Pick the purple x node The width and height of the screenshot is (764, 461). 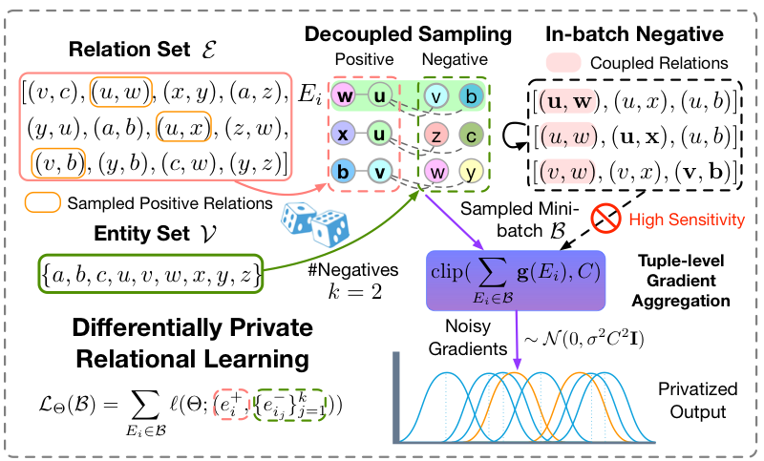[x=343, y=135]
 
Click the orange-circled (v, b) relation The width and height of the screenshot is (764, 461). [x=56, y=159]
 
